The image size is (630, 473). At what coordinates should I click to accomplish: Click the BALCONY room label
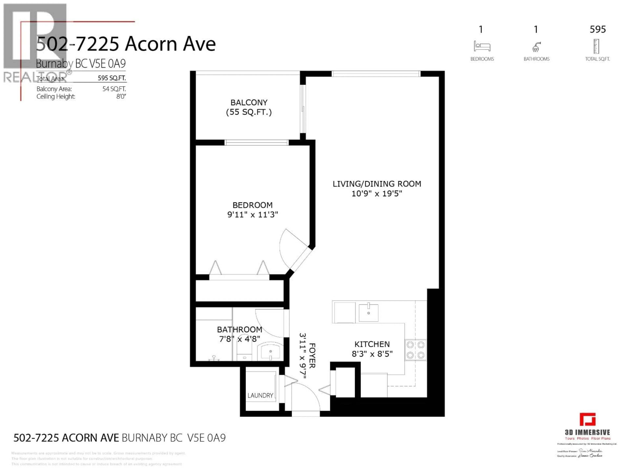(x=249, y=102)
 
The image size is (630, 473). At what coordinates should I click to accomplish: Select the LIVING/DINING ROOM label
(x=377, y=184)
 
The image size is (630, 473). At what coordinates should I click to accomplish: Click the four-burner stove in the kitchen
(x=416, y=350)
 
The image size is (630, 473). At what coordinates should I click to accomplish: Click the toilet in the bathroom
(x=244, y=352)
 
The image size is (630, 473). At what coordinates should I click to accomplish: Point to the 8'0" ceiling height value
(x=121, y=97)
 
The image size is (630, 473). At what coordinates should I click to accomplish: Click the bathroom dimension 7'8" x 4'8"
(x=240, y=339)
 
